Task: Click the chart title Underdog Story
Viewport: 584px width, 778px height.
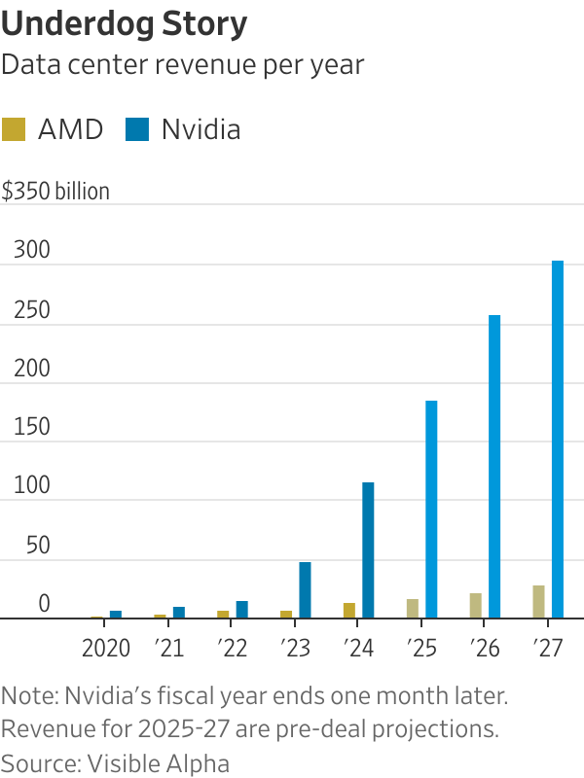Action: [124, 22]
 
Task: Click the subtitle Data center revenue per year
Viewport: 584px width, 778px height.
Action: [183, 65]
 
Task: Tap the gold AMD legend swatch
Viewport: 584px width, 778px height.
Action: [15, 129]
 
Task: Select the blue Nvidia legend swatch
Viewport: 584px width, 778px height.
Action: [137, 129]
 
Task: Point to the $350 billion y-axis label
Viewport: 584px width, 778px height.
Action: [55, 191]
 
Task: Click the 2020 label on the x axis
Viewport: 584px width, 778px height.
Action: [106, 649]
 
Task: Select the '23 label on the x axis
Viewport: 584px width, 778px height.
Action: [295, 649]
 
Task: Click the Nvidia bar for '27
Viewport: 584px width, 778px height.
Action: [558, 440]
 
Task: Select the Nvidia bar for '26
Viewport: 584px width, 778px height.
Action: [494, 467]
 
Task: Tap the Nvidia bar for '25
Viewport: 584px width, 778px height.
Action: [431, 510]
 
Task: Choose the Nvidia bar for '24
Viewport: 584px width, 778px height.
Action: [368, 550]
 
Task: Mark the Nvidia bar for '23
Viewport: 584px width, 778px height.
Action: [305, 589]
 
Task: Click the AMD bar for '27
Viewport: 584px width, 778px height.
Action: [538, 602]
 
